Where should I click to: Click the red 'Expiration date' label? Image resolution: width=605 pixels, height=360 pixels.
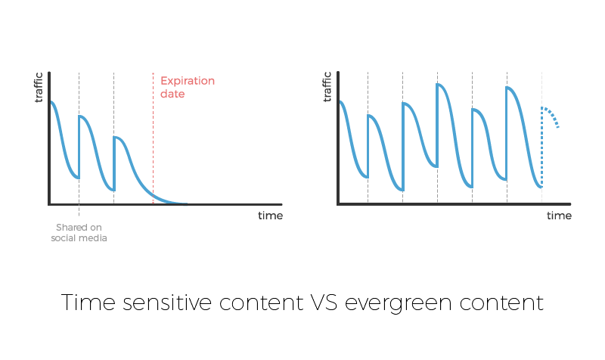click(x=187, y=87)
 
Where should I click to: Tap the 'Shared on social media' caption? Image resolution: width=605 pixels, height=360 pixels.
click(x=79, y=233)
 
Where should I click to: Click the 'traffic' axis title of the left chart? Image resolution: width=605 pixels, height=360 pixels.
click(x=39, y=88)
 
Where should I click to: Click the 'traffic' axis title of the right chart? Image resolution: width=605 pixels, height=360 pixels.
click(x=327, y=87)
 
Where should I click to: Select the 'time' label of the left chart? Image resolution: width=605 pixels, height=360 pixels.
click(x=270, y=216)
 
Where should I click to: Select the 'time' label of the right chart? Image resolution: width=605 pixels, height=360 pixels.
click(x=559, y=216)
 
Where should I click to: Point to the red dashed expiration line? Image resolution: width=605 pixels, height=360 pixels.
click(x=153, y=138)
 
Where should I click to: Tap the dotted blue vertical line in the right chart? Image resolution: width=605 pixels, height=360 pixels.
click(x=541, y=147)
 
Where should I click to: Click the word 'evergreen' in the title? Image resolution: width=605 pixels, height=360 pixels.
click(x=398, y=304)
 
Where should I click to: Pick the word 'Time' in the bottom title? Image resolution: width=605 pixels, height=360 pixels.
click(x=88, y=302)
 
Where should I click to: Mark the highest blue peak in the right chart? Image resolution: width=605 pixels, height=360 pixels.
click(x=439, y=84)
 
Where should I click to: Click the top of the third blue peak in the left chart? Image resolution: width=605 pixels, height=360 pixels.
click(x=116, y=138)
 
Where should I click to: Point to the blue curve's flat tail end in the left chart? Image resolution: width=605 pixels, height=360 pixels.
click(x=185, y=203)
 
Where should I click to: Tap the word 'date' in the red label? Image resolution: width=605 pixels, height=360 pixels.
click(x=172, y=94)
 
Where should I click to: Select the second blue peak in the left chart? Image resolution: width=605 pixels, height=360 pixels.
click(x=81, y=116)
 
